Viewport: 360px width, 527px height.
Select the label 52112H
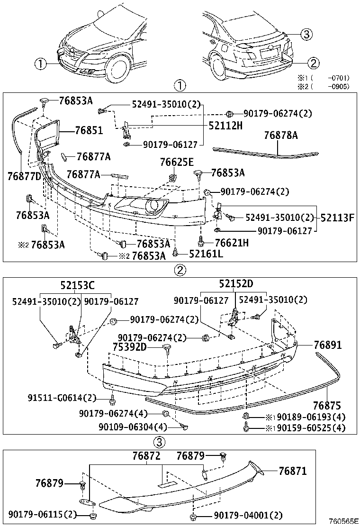coord(225,126)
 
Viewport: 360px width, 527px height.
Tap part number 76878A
coord(281,136)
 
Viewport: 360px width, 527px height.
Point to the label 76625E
coord(177,162)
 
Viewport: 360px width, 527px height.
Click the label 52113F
coord(337,218)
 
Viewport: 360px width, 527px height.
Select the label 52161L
coord(206,254)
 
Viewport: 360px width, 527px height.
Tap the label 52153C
coord(77,285)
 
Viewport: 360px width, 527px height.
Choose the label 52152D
coord(236,284)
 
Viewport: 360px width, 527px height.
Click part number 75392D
coord(130,347)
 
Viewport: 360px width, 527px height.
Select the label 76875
coord(327,406)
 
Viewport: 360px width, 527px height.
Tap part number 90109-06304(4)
coord(133,427)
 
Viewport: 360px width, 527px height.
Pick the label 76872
coord(146,456)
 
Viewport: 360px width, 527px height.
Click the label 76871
coord(292,471)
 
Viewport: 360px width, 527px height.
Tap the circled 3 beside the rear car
coord(306,34)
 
